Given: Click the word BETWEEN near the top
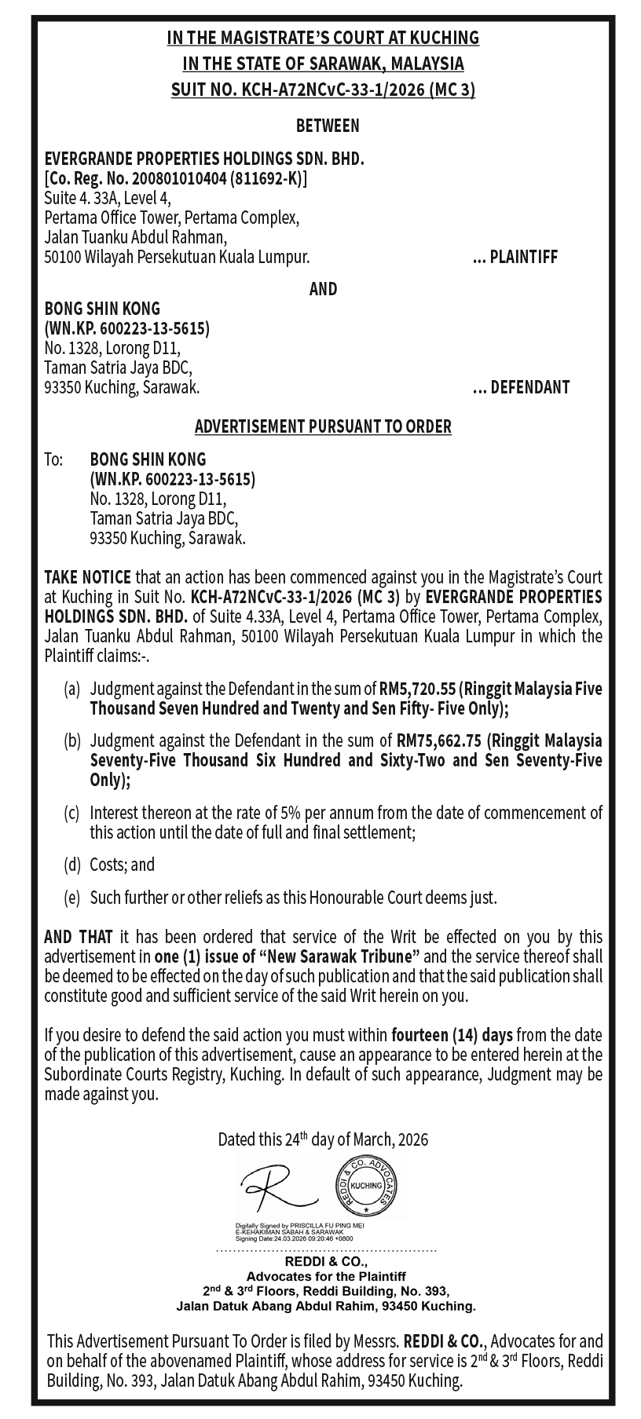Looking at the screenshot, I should pos(328,125).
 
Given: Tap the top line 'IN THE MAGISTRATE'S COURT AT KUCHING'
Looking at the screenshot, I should pos(323,37).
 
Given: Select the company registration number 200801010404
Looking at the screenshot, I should pos(176,178).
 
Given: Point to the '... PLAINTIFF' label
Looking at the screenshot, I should pos(515,257).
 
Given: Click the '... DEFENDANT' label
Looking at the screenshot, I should pos(521,387).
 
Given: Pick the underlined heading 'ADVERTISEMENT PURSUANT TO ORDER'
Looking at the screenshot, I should pos(323,427).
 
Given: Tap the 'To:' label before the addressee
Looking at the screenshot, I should pos(53,459).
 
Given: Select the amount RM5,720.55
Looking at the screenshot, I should pos(417,689).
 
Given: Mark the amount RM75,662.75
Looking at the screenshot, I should pos(438,740).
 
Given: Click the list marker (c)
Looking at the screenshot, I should pos(71,812).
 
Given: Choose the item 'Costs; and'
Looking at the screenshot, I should pos(123,865).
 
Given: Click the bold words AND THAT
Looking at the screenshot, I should pos(79,937).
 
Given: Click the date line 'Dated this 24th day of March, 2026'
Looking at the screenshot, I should pos(323,1139).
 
